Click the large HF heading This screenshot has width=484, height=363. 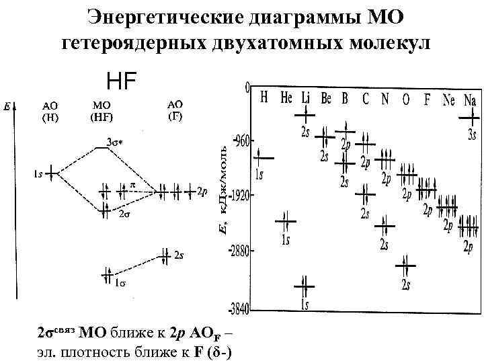(x=122, y=81)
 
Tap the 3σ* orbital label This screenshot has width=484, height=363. (x=115, y=142)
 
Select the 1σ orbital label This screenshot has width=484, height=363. (x=119, y=283)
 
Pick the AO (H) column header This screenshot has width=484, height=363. (x=50, y=110)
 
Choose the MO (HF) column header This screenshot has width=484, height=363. (x=102, y=110)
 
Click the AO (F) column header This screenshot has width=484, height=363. (x=175, y=109)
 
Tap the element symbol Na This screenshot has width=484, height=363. (x=469, y=99)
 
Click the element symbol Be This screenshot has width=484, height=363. (x=326, y=98)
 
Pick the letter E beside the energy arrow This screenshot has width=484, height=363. (x=6, y=106)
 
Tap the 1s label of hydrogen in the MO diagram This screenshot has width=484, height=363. (x=39, y=174)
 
